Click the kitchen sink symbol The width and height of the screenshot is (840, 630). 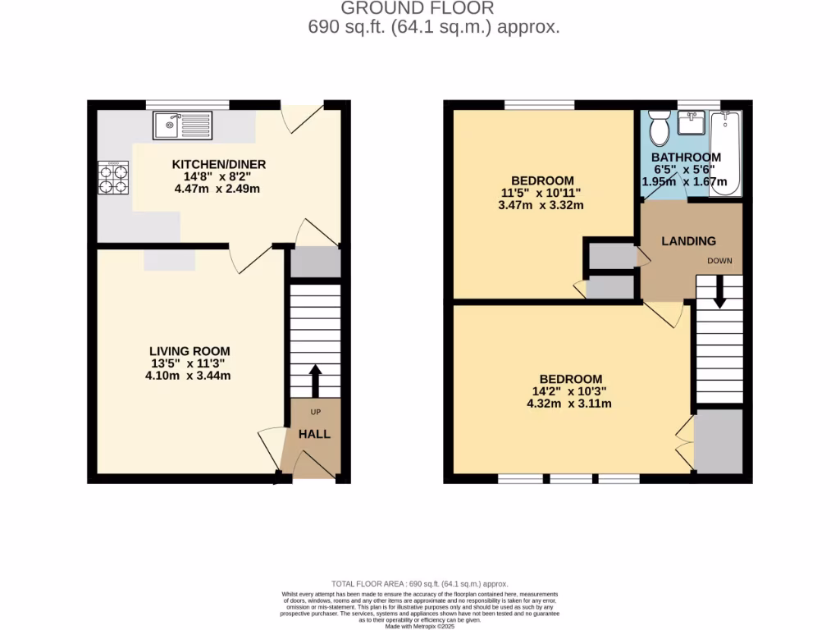point(181,126)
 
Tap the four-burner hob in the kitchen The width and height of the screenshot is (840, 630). point(114,177)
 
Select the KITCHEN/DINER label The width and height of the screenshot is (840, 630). point(219,165)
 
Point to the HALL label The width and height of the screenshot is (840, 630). point(314,434)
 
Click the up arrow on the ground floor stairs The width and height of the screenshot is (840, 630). point(314,380)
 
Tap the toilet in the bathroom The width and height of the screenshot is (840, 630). point(659,129)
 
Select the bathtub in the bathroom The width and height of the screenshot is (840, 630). point(725,153)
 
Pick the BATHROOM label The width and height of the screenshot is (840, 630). point(686,157)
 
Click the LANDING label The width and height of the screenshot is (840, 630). point(689,241)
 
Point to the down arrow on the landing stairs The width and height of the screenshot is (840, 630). point(719,291)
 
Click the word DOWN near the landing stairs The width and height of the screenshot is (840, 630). point(719,261)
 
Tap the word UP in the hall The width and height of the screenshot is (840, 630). point(314,411)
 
